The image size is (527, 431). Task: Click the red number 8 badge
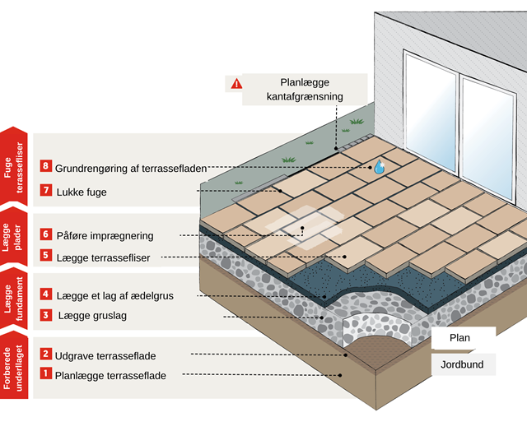coord(46,168)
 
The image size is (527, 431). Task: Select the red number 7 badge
coord(46,192)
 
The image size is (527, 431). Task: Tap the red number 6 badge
coord(46,235)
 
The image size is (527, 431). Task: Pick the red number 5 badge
coord(46,257)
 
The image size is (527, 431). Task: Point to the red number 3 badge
coord(46,315)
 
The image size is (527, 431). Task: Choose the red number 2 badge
coord(46,355)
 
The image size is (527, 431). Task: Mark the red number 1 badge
coord(46,376)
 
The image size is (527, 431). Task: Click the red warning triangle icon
coord(237,83)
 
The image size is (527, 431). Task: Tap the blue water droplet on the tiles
coord(379,167)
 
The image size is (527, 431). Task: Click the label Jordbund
coord(461,364)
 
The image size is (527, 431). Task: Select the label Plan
coord(459,338)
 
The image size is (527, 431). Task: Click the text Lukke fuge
coord(82,192)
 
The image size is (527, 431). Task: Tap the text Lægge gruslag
coord(91,316)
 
